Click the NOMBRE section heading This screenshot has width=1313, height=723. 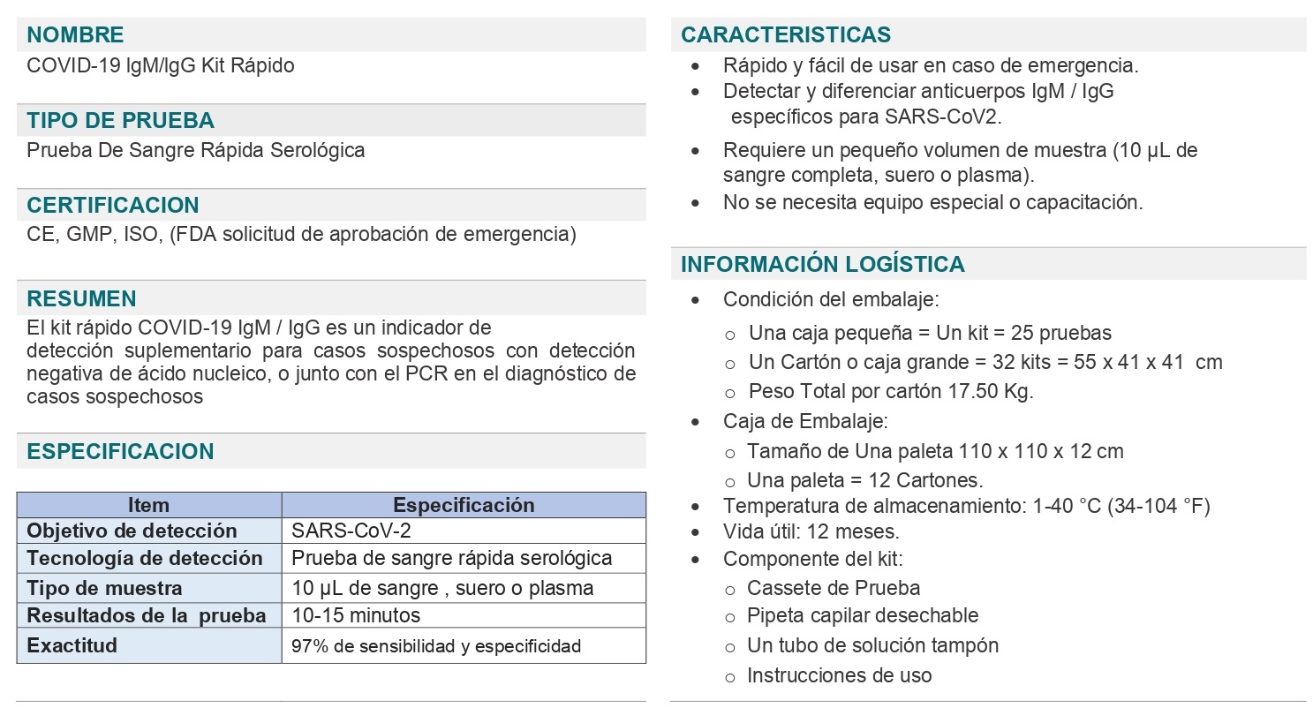(75, 35)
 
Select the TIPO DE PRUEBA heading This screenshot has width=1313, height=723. (120, 121)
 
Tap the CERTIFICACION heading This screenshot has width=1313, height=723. (112, 206)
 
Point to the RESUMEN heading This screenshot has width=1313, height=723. (81, 299)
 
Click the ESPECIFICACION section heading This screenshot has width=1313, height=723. (120, 452)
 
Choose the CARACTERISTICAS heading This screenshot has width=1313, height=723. (786, 35)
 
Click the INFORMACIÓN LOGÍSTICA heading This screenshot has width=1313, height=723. (822, 265)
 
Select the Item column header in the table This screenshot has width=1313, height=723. (148, 505)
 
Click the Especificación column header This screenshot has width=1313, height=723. (464, 505)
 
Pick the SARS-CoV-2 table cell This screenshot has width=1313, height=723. (351, 531)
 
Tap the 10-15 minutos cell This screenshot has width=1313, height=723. (356, 615)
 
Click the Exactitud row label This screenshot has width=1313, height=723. (72, 645)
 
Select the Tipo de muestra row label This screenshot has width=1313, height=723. (104, 588)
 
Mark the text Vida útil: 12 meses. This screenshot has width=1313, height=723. (811, 531)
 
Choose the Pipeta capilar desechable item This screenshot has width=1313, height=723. (862, 615)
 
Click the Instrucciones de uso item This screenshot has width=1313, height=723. (839, 675)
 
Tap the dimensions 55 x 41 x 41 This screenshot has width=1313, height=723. (1128, 362)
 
